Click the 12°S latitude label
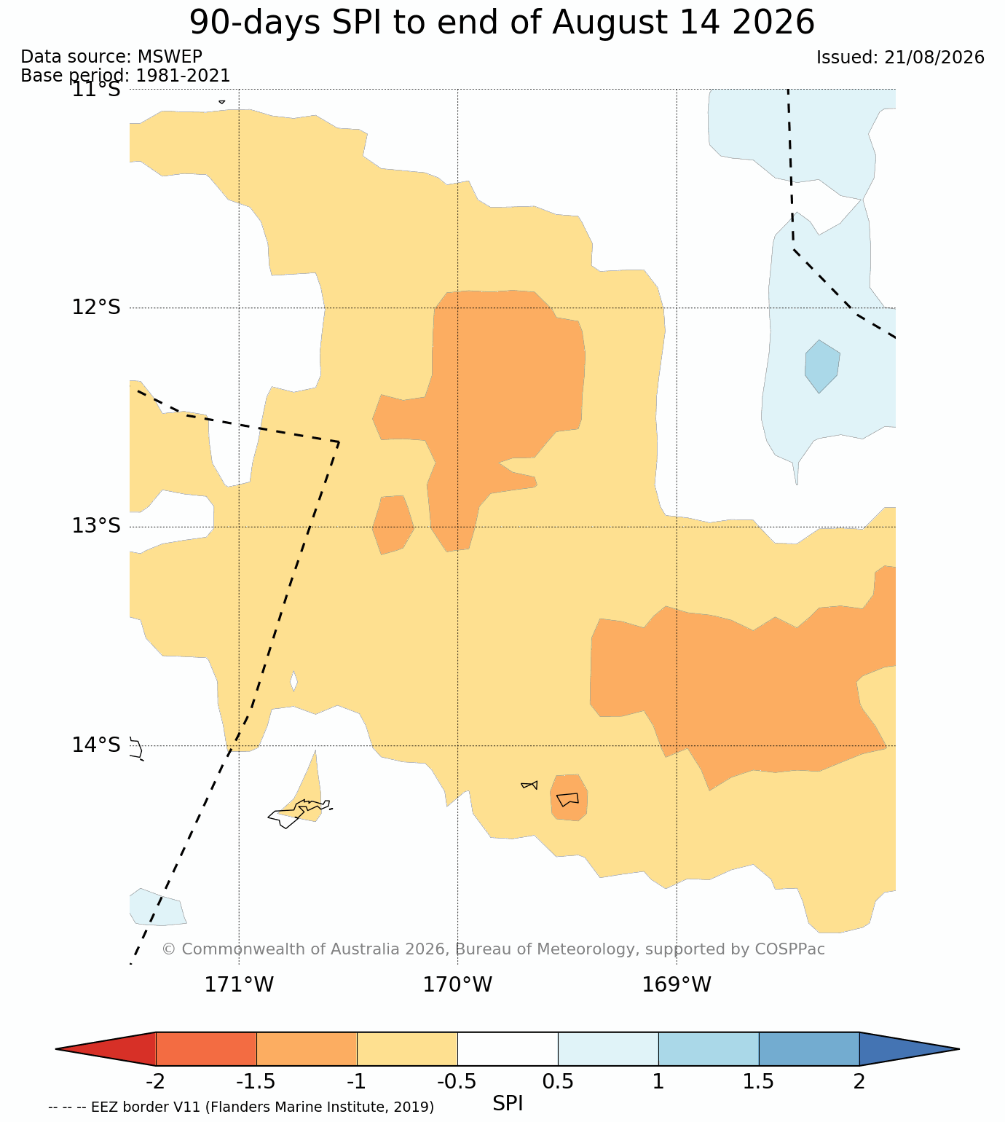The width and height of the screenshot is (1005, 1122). [x=96, y=307]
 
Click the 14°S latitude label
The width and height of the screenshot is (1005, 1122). [x=96, y=745]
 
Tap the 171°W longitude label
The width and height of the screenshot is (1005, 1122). [x=239, y=984]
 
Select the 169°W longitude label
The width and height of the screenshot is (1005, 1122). [x=676, y=984]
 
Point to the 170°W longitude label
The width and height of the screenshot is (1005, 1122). [x=457, y=984]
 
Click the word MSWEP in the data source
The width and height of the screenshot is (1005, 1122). [x=170, y=57]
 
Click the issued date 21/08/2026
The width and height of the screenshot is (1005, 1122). [x=934, y=57]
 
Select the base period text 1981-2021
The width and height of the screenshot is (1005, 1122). [x=183, y=75]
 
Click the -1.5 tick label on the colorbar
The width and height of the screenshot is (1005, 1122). [x=256, y=1081]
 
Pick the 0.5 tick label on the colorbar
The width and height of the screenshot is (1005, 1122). [x=558, y=1081]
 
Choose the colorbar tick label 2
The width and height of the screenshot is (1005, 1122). [x=859, y=1081]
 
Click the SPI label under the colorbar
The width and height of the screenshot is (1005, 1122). [x=507, y=1103]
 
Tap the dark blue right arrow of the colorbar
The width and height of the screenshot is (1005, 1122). [x=909, y=1048]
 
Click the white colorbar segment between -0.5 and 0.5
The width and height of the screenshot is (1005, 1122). [x=508, y=1048]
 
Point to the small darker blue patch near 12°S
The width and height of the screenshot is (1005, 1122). [x=822, y=366]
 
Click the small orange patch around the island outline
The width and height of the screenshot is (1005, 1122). [x=569, y=798]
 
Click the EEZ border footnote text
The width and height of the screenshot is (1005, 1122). [x=241, y=1107]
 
